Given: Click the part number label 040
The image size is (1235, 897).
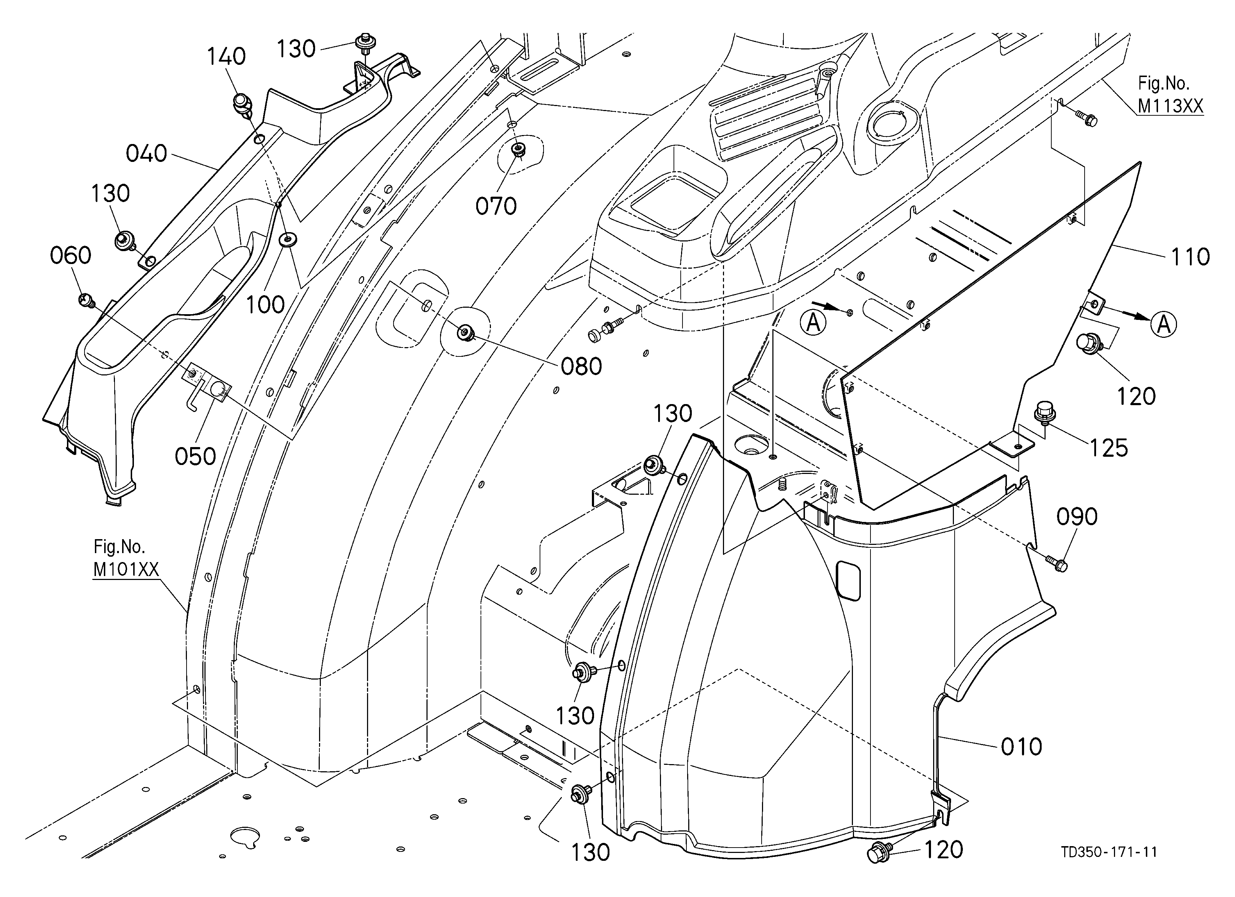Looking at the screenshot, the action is pos(146,154).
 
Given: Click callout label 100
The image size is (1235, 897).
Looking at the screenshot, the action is pos(265,305).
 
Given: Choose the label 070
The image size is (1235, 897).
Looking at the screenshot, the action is pos(496,206).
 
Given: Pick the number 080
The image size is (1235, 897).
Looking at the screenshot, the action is pos(581,366).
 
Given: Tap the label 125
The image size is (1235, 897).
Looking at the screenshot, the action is pos(1109,448).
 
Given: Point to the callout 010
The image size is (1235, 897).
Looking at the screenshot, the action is pos(1022,747).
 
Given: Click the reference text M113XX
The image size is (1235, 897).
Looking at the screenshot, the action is pos(1170,106).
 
